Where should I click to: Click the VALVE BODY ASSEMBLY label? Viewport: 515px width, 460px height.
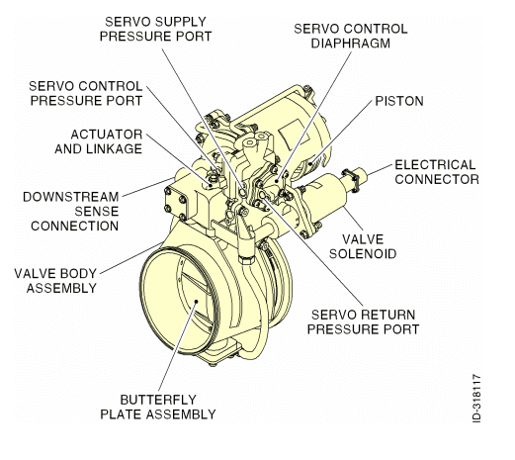(55, 280)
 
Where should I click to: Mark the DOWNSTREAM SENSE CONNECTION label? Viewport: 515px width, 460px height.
(69, 210)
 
